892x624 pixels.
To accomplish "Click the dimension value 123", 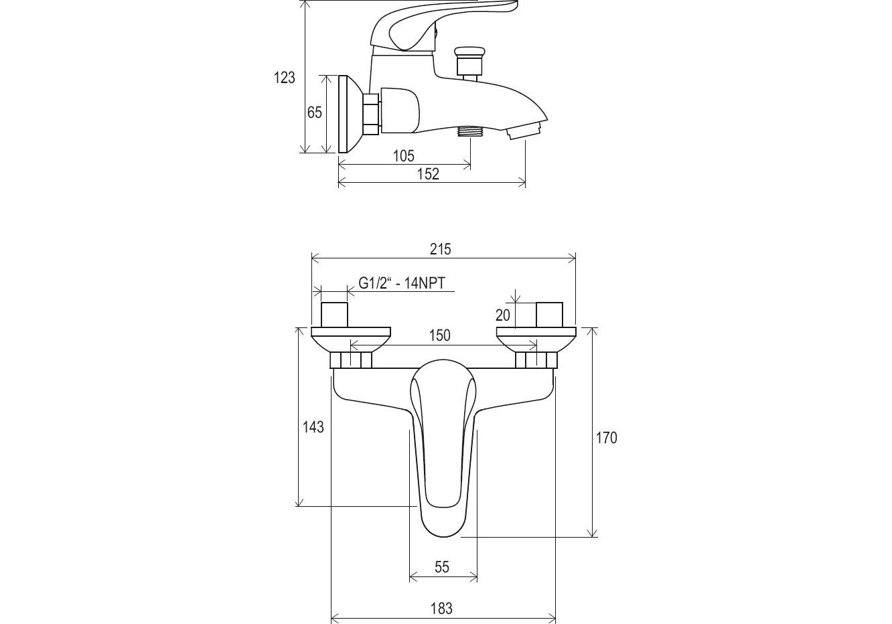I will click(284, 78).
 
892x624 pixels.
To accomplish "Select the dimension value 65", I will click(315, 112).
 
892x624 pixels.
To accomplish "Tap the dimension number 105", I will click(403, 156).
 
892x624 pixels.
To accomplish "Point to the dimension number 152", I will click(428, 174).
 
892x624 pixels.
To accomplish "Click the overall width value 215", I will click(440, 249).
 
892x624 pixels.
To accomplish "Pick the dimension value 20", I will click(503, 315).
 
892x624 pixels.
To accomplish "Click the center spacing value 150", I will click(439, 335).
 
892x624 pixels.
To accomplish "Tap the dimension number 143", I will click(313, 426).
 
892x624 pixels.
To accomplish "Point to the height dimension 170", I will click(606, 438).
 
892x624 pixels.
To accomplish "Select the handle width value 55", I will click(442, 567).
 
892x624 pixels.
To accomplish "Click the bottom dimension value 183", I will click(441, 609).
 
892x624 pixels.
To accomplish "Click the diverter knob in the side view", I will click(468, 60).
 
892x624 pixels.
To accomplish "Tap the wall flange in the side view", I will click(349, 113).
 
